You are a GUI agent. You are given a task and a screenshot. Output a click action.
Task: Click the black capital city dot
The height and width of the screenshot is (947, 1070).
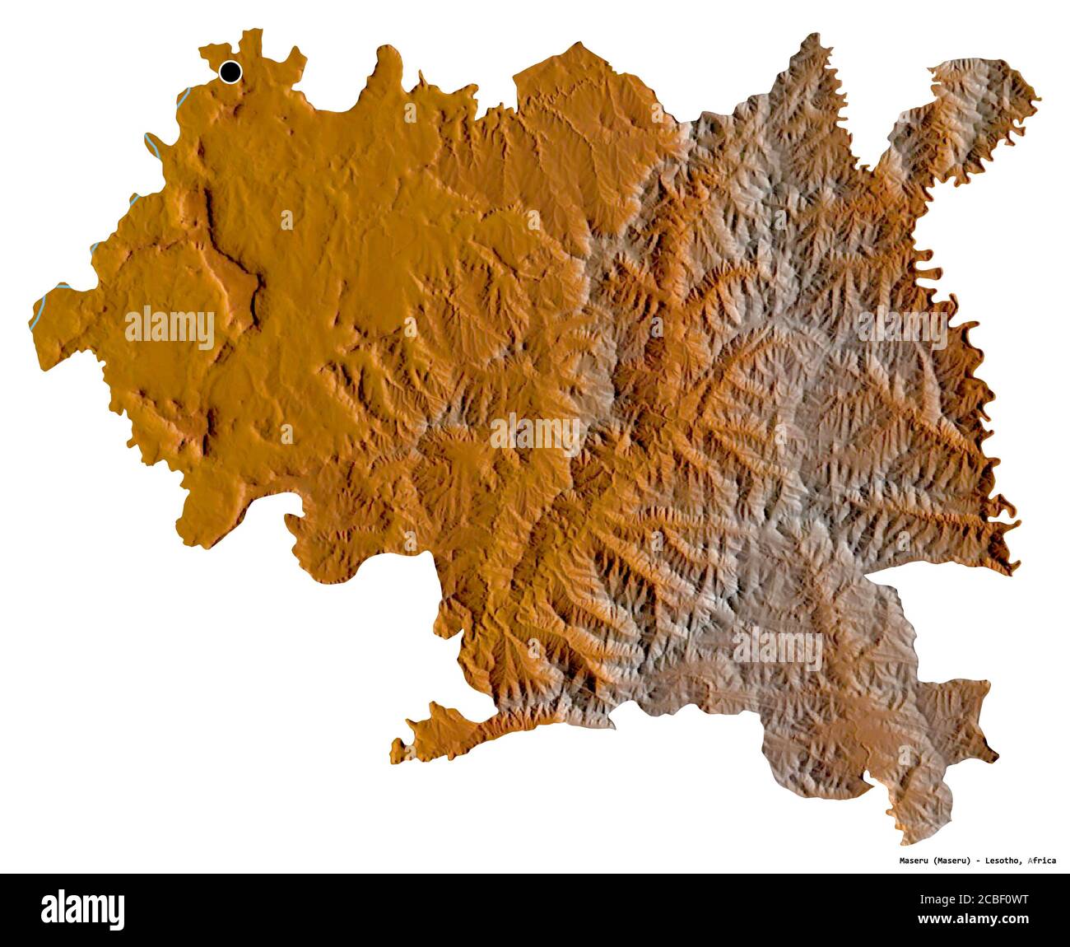point(230,72)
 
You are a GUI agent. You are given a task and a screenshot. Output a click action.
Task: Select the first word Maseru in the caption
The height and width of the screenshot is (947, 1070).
point(914,861)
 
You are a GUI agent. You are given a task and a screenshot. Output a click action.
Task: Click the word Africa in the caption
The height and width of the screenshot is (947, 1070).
point(1041,861)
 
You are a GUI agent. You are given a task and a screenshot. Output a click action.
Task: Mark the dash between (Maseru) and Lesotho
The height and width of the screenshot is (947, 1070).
point(977,861)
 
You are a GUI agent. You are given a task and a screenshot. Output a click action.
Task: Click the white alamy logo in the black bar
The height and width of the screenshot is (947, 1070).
point(83,910)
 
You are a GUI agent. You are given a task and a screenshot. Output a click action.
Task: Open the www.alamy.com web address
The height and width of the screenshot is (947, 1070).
point(988,919)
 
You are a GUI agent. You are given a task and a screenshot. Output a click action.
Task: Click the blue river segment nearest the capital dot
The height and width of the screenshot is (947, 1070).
point(184,96)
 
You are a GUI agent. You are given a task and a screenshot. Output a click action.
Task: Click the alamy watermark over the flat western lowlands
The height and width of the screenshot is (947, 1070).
point(170,328)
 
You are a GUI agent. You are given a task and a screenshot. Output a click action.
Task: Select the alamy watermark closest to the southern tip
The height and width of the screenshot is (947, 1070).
point(778,648)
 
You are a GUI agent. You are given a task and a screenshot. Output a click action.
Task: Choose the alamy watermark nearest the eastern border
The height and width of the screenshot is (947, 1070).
point(902,328)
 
